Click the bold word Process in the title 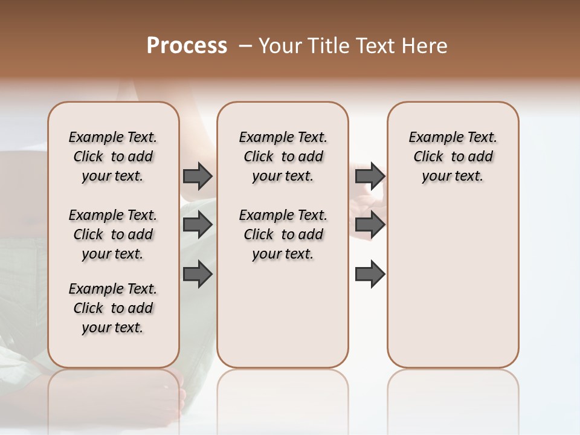[187, 46]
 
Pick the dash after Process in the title [245, 47]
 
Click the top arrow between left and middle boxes [198, 176]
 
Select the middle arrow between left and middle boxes [198, 225]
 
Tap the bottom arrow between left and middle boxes [198, 274]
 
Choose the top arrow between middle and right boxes [370, 176]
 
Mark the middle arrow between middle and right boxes [370, 225]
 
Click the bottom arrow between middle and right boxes [370, 274]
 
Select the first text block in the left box [113, 156]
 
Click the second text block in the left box [113, 234]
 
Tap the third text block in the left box [113, 308]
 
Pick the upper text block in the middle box [283, 156]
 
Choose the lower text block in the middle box [283, 234]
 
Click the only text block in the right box [453, 156]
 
